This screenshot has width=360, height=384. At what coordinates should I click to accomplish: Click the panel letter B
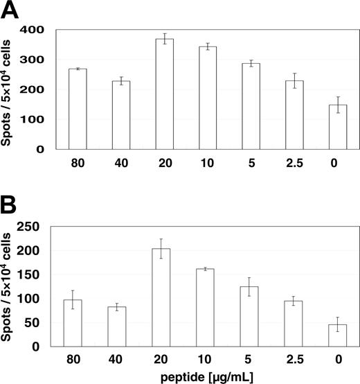tap(9, 204)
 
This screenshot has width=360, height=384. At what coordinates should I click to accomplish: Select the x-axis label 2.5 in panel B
tap(294, 360)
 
